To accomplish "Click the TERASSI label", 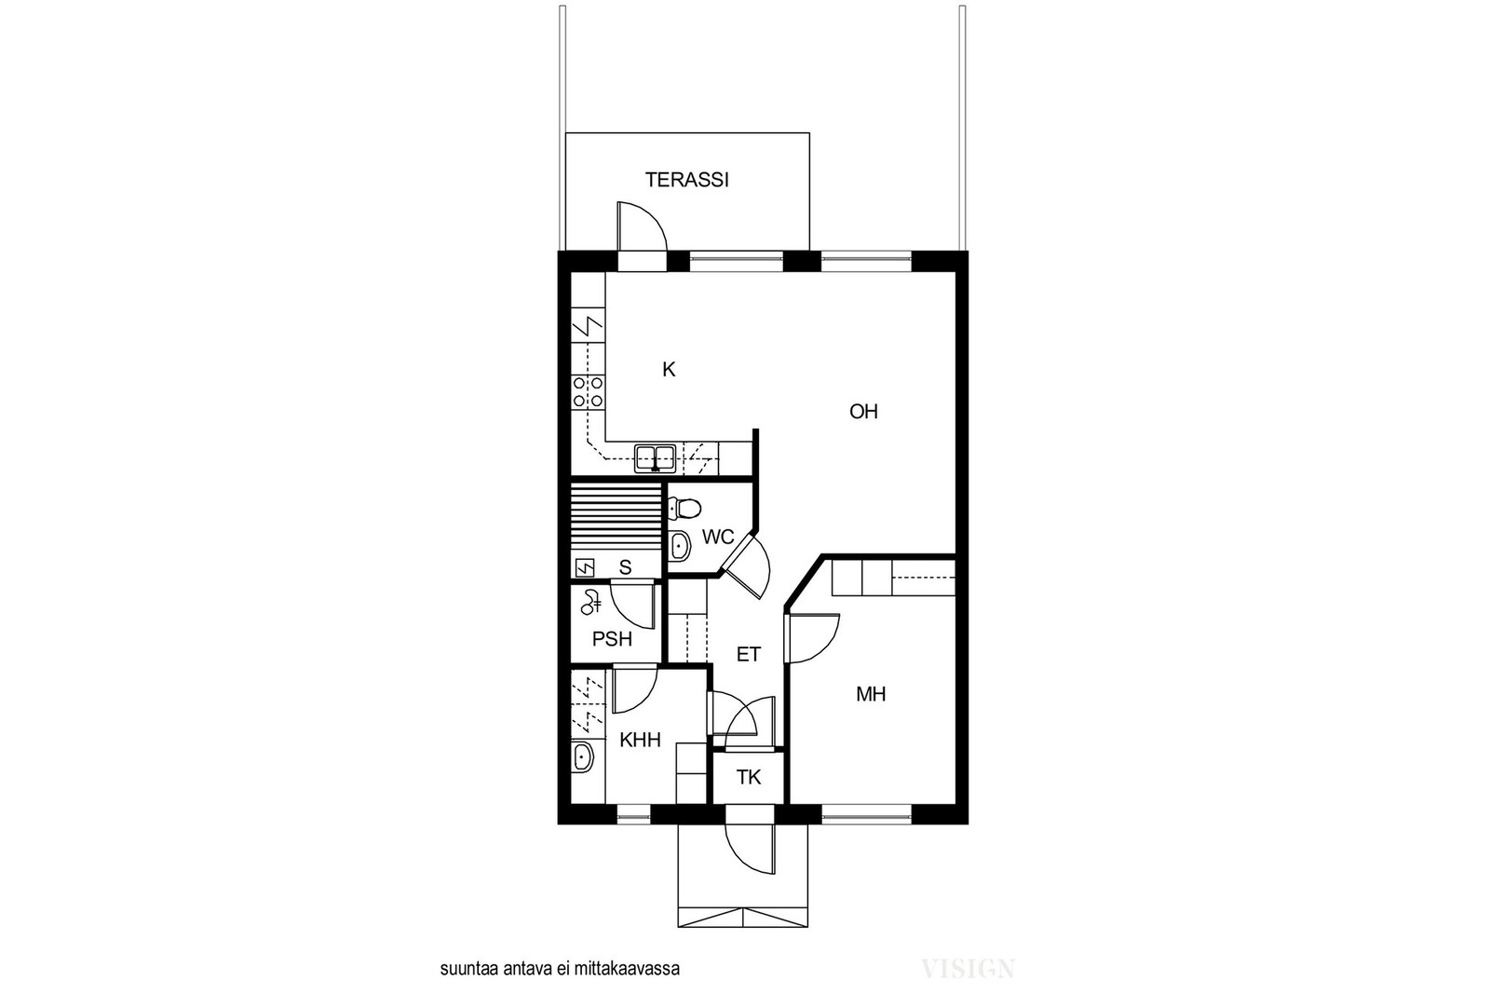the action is [x=687, y=181].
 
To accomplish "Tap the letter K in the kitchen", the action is [x=669, y=369].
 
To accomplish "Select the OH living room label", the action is [x=863, y=412].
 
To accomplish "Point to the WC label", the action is [x=718, y=537].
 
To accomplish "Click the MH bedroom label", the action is [x=871, y=695].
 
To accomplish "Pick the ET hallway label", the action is [x=749, y=655].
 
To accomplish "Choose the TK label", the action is [x=749, y=776].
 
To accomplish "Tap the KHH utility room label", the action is [x=640, y=740].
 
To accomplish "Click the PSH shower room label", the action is [x=612, y=639].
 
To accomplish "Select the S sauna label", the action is [x=625, y=567].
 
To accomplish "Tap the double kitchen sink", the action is [x=656, y=458].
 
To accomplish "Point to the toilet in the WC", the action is [x=684, y=509].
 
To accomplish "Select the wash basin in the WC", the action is [x=679, y=546].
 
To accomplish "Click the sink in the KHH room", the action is [x=583, y=756].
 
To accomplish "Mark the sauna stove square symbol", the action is [x=585, y=567].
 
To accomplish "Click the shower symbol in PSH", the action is [x=590, y=603].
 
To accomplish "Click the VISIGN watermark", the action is [x=968, y=968].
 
